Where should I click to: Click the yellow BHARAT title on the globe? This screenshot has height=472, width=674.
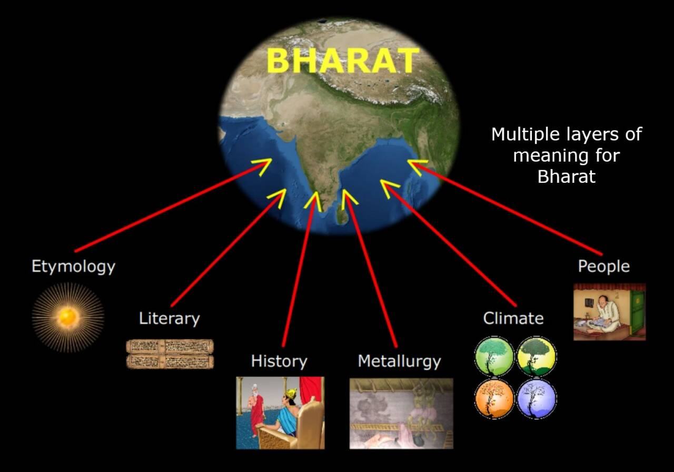pyautogui.click(x=343, y=61)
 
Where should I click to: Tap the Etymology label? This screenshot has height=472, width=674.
pyautogui.click(x=73, y=267)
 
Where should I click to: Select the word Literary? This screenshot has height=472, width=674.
pyautogui.click(x=170, y=319)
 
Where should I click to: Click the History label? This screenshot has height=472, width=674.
pyautogui.click(x=279, y=361)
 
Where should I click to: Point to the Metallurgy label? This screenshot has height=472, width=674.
pyautogui.click(x=399, y=361)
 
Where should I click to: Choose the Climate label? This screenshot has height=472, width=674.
pyautogui.click(x=513, y=319)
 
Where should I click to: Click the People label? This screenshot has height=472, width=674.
pyautogui.click(x=604, y=267)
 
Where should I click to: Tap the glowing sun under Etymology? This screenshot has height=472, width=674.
pyautogui.click(x=68, y=317)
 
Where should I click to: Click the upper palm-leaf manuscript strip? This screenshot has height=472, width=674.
pyautogui.click(x=170, y=347)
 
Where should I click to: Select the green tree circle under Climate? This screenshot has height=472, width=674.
pyautogui.click(x=494, y=357)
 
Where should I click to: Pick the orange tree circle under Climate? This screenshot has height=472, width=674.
pyautogui.click(x=494, y=399)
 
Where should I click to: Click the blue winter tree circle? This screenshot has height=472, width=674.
pyautogui.click(x=537, y=399)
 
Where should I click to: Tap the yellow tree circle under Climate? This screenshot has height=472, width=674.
pyautogui.click(x=537, y=357)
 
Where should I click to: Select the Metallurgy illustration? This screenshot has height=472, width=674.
pyautogui.click(x=401, y=414)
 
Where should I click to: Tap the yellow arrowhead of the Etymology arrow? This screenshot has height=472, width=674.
pyautogui.click(x=262, y=166)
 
